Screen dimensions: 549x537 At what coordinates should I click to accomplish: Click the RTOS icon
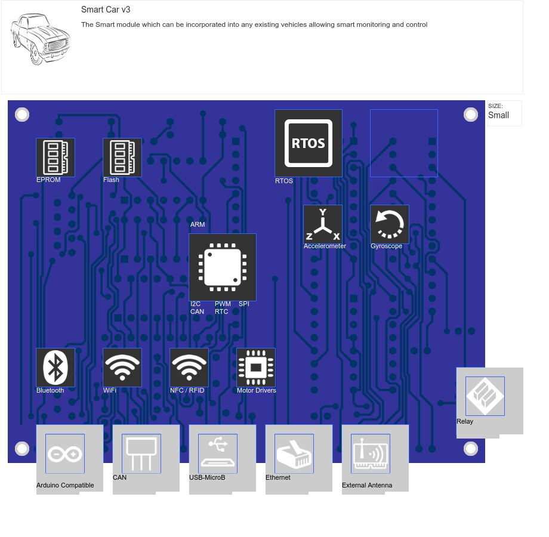coord(309,143)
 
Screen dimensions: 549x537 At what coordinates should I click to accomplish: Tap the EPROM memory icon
coord(55,158)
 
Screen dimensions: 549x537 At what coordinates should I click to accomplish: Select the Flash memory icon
coord(122,158)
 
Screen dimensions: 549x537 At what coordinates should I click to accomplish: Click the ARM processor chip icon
coord(223,267)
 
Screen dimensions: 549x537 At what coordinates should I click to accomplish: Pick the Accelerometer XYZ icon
coord(323,224)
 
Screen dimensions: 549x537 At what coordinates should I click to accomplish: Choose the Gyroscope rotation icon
coord(390,224)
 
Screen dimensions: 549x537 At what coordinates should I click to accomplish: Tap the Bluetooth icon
coord(55,368)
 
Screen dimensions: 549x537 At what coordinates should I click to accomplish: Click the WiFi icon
coord(122,368)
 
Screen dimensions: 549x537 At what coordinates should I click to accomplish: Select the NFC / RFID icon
coord(189,368)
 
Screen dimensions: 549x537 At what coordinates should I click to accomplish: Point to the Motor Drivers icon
coord(256,368)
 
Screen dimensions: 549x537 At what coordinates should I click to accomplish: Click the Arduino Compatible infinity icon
coord(65,453)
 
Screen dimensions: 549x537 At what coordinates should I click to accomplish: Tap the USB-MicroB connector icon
coord(218,453)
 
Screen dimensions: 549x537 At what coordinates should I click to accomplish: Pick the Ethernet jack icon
coord(294,453)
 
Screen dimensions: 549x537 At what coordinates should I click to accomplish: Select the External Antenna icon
coord(371,453)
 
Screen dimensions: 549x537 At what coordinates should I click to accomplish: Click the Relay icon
coord(485,396)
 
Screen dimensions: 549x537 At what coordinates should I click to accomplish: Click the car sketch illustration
coord(40,39)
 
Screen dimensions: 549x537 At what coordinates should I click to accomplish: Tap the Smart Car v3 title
coord(106,10)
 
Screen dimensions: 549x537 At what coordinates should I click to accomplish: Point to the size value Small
coord(499,115)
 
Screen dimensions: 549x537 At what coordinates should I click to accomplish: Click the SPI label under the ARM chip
coord(244,304)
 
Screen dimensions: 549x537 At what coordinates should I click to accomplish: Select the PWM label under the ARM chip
coord(223,304)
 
